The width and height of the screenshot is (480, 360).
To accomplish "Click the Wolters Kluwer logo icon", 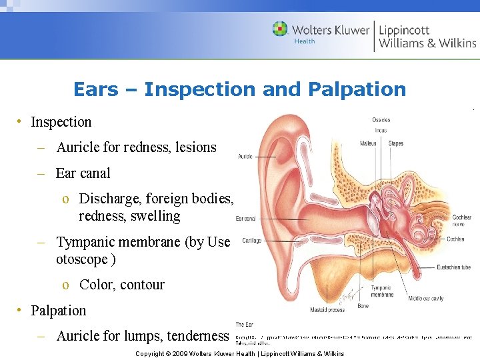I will click(x=281, y=29).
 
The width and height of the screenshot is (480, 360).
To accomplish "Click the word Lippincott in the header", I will click(x=404, y=29).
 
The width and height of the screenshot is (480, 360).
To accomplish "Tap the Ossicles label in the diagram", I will click(x=381, y=120).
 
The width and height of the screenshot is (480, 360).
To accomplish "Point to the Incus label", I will click(x=381, y=131).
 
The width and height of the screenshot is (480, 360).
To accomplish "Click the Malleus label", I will click(x=368, y=143).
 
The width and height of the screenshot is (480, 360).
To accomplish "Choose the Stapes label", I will click(x=396, y=143).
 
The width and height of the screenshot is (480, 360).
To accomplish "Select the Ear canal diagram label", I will click(x=245, y=219).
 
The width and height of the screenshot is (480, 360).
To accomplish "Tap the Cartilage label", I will click(x=251, y=241).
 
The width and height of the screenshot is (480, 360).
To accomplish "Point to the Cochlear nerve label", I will click(x=461, y=221).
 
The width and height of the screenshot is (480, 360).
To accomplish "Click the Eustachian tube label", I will click(x=454, y=267).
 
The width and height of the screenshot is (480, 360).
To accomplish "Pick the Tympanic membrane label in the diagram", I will click(x=382, y=291).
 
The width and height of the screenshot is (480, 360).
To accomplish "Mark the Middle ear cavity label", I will click(x=426, y=299).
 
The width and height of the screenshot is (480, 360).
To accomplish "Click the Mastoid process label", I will click(x=327, y=310).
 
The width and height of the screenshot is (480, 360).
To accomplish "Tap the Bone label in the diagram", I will click(x=363, y=306).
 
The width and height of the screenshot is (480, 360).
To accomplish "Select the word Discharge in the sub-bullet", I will click(x=107, y=199).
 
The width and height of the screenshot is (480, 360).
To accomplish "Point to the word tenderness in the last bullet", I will click(x=197, y=336).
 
